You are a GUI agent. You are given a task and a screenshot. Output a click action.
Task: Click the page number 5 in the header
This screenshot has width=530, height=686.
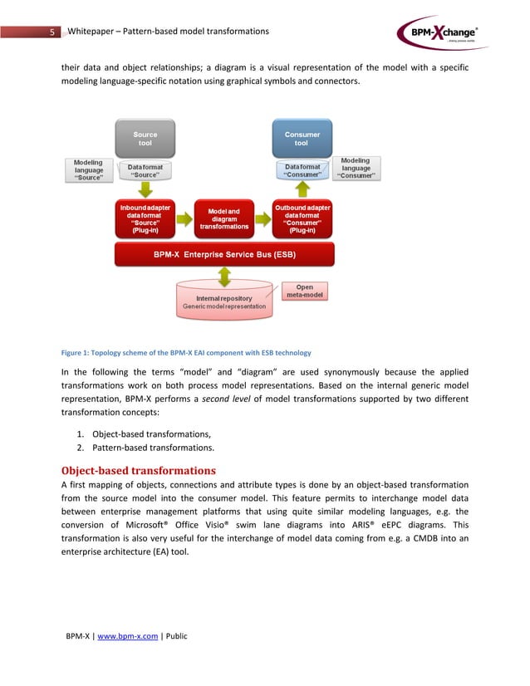coord(52,32)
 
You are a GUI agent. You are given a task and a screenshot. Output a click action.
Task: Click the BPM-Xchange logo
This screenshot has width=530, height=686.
coord(440,33)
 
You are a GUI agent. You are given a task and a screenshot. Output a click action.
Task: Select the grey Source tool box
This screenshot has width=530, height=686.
coord(145,138)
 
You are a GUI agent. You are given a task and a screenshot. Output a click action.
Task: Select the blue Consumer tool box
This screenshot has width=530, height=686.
coord(302,138)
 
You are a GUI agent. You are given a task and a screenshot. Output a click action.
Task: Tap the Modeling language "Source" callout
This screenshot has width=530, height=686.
coord(89,170)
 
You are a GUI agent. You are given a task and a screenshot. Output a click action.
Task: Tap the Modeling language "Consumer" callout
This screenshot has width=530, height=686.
coord(356,169)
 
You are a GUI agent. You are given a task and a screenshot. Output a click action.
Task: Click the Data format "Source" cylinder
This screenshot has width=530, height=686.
coord(145,171)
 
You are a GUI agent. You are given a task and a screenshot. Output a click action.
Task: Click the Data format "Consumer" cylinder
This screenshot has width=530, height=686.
coord(302,171)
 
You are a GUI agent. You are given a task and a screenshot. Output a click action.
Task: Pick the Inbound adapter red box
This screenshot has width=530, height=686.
coord(145,218)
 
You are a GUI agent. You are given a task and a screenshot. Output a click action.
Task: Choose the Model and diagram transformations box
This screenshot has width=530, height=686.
coord(224,218)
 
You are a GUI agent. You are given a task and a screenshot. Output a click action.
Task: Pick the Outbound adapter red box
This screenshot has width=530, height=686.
coord(302,218)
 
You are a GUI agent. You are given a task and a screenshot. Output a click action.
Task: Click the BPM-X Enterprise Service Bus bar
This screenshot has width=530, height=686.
coord(224,254)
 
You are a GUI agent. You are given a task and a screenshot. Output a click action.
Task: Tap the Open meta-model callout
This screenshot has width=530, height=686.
coord(305,292)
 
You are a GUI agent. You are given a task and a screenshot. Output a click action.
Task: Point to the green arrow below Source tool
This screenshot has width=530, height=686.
coord(145,190)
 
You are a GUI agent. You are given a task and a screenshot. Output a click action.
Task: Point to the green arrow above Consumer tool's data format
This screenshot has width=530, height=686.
coord(302,190)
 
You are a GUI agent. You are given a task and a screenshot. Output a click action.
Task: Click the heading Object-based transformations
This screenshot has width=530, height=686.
coord(139,470)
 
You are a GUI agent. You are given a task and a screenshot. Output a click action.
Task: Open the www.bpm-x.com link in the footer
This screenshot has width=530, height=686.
coord(128,636)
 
